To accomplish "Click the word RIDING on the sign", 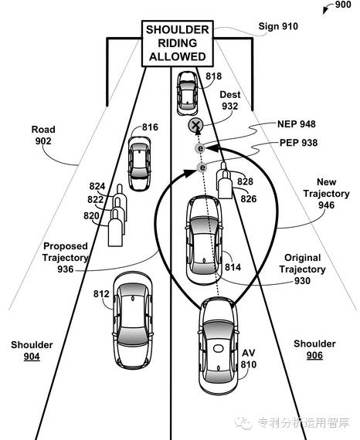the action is [x=178, y=43].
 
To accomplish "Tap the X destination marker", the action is [x=195, y=125].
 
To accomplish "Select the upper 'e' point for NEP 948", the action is [x=200, y=148].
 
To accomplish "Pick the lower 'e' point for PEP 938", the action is [x=202, y=168].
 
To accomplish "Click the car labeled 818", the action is [x=187, y=93].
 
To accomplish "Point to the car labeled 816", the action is [x=139, y=164].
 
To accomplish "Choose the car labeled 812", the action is [x=133, y=320].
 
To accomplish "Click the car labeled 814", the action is [x=204, y=240].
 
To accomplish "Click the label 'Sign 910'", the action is [x=278, y=26].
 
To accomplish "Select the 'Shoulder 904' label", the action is [x=32, y=350].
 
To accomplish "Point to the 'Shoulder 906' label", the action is [x=314, y=350].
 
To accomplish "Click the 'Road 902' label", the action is [x=43, y=135].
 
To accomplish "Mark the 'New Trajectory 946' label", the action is [x=326, y=193].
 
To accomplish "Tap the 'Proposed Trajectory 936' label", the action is [x=66, y=258].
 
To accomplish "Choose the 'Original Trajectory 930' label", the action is [x=302, y=269].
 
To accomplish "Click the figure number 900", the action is [x=343, y=5].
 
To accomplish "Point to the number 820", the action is [x=91, y=215].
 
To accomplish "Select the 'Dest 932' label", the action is [x=230, y=100].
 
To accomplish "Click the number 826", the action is [x=249, y=199].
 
